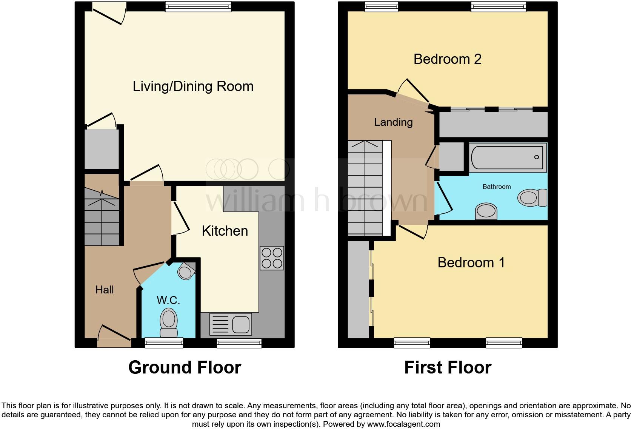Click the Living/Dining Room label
click(x=193, y=86)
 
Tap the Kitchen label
click(x=225, y=231)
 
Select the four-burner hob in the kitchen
click(x=272, y=258)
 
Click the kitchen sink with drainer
click(x=231, y=324)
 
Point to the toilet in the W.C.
click(x=169, y=322)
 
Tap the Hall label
click(x=105, y=290)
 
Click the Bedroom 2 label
click(x=447, y=59)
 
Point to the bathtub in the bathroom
click(x=508, y=157)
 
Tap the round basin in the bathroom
click(x=486, y=211)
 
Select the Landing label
click(x=393, y=122)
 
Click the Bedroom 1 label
click(x=471, y=262)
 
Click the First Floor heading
click(x=448, y=367)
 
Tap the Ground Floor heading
click(x=185, y=367)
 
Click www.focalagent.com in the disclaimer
click(x=403, y=424)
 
